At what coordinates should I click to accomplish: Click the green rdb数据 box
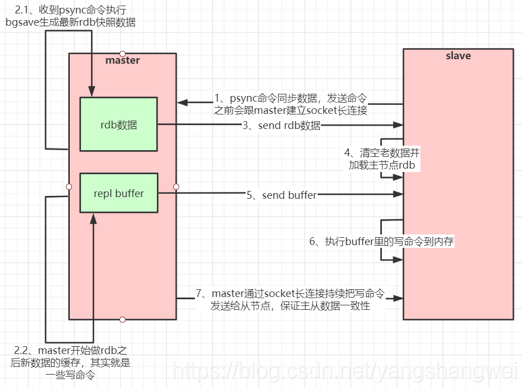pos(118,124)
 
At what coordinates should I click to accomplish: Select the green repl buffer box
pos(118,193)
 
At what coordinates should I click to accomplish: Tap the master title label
pos(122,60)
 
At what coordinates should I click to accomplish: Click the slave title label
pos(458,56)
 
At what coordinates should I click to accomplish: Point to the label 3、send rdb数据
pos(281,126)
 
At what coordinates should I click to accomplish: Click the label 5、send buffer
pos(281,195)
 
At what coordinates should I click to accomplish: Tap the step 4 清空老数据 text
pos(381,159)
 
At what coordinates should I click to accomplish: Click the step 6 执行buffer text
pos(382,241)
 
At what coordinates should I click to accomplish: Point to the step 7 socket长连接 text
pos(290,300)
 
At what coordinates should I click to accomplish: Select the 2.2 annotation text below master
pos(70,363)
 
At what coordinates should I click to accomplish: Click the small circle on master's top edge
pos(123,54)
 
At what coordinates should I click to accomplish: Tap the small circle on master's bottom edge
pos(123,319)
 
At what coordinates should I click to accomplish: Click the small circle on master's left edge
pos(69,186)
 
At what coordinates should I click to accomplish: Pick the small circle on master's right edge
pos(176,186)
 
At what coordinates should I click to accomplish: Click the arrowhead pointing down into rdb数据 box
pos(91,93)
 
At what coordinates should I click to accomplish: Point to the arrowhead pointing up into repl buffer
pos(93,218)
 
